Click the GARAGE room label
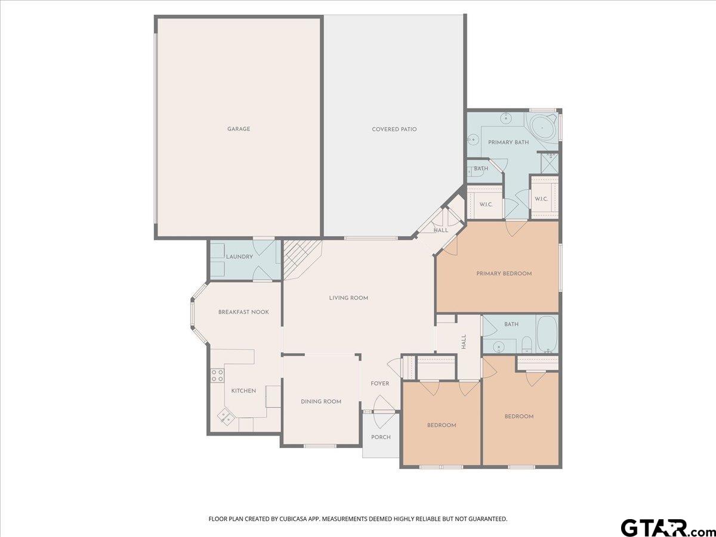click(239, 129)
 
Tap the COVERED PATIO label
click(394, 129)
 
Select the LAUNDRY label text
click(240, 257)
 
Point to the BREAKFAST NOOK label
click(243, 312)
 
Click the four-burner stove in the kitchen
click(217, 375)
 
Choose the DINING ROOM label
click(321, 402)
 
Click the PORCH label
click(381, 437)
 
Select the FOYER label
click(380, 384)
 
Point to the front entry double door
click(380, 412)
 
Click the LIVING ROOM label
click(348, 298)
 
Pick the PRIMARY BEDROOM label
click(504, 273)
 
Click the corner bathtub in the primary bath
click(542, 128)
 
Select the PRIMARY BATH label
click(508, 143)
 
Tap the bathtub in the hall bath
click(548, 334)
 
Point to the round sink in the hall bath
click(498, 346)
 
